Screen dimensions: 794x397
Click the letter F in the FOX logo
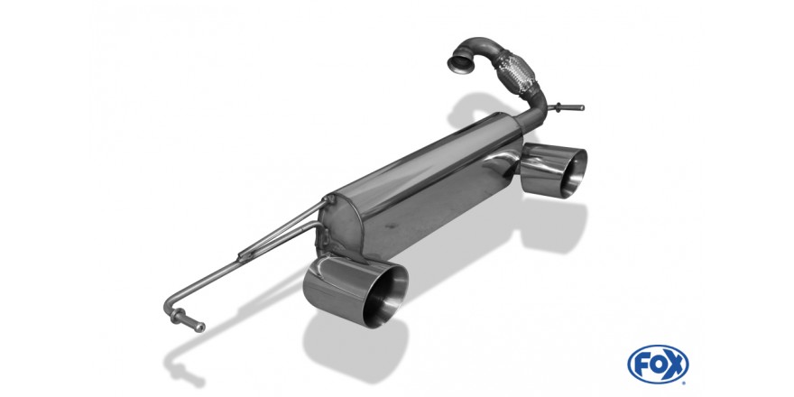pos(642,365)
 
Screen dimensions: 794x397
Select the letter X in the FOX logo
pos(676,365)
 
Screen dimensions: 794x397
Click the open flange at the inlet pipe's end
pos(460,63)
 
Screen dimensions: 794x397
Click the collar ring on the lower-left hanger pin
pos(177,317)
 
